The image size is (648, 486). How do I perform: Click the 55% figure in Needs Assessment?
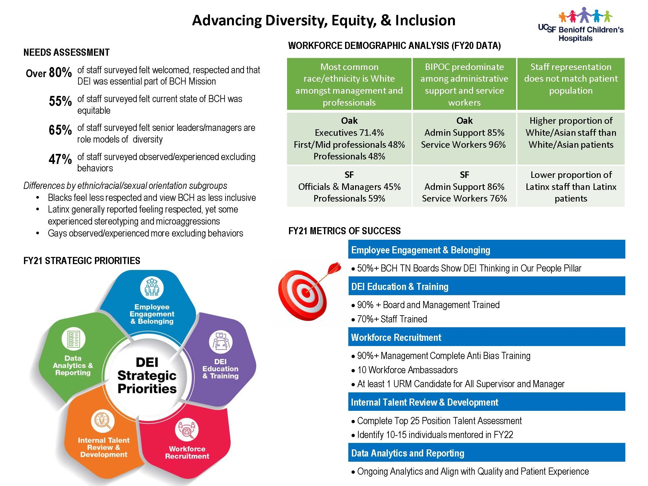click(60, 101)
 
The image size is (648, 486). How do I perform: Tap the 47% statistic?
click(60, 159)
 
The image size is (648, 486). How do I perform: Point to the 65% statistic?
click(60, 130)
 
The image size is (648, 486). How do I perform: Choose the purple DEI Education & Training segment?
click(224, 360)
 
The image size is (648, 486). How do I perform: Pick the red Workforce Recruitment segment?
click(186, 444)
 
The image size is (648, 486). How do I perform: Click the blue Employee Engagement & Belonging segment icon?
click(152, 288)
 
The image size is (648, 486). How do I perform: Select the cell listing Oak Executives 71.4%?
click(349, 138)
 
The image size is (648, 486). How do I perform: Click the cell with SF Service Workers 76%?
click(464, 186)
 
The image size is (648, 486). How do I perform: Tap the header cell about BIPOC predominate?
click(464, 84)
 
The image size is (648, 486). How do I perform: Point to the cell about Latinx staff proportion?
click(571, 186)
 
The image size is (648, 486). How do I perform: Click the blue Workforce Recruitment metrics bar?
click(487, 337)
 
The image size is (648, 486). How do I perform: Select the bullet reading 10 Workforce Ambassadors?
click(404, 370)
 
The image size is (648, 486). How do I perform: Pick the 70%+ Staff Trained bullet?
click(389, 319)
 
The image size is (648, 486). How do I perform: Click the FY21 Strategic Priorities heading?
click(82, 261)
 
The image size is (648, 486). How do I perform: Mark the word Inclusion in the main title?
click(425, 20)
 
